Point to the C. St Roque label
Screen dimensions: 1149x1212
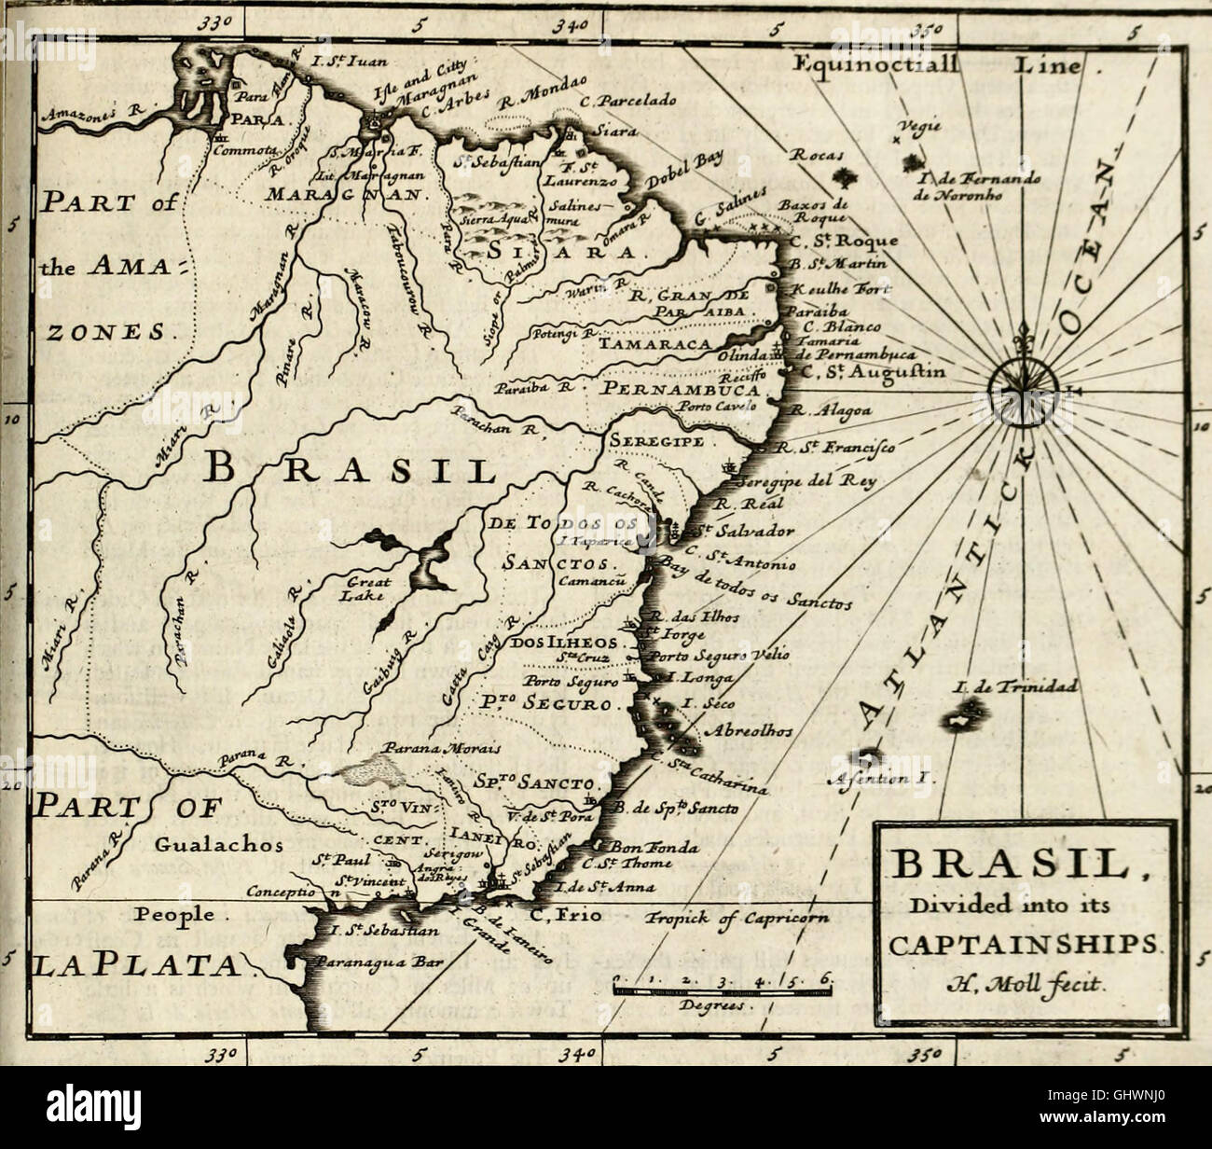[x=844, y=241]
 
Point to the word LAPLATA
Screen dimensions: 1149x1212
[x=135, y=964]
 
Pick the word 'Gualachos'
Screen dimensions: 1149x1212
[x=206, y=845]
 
